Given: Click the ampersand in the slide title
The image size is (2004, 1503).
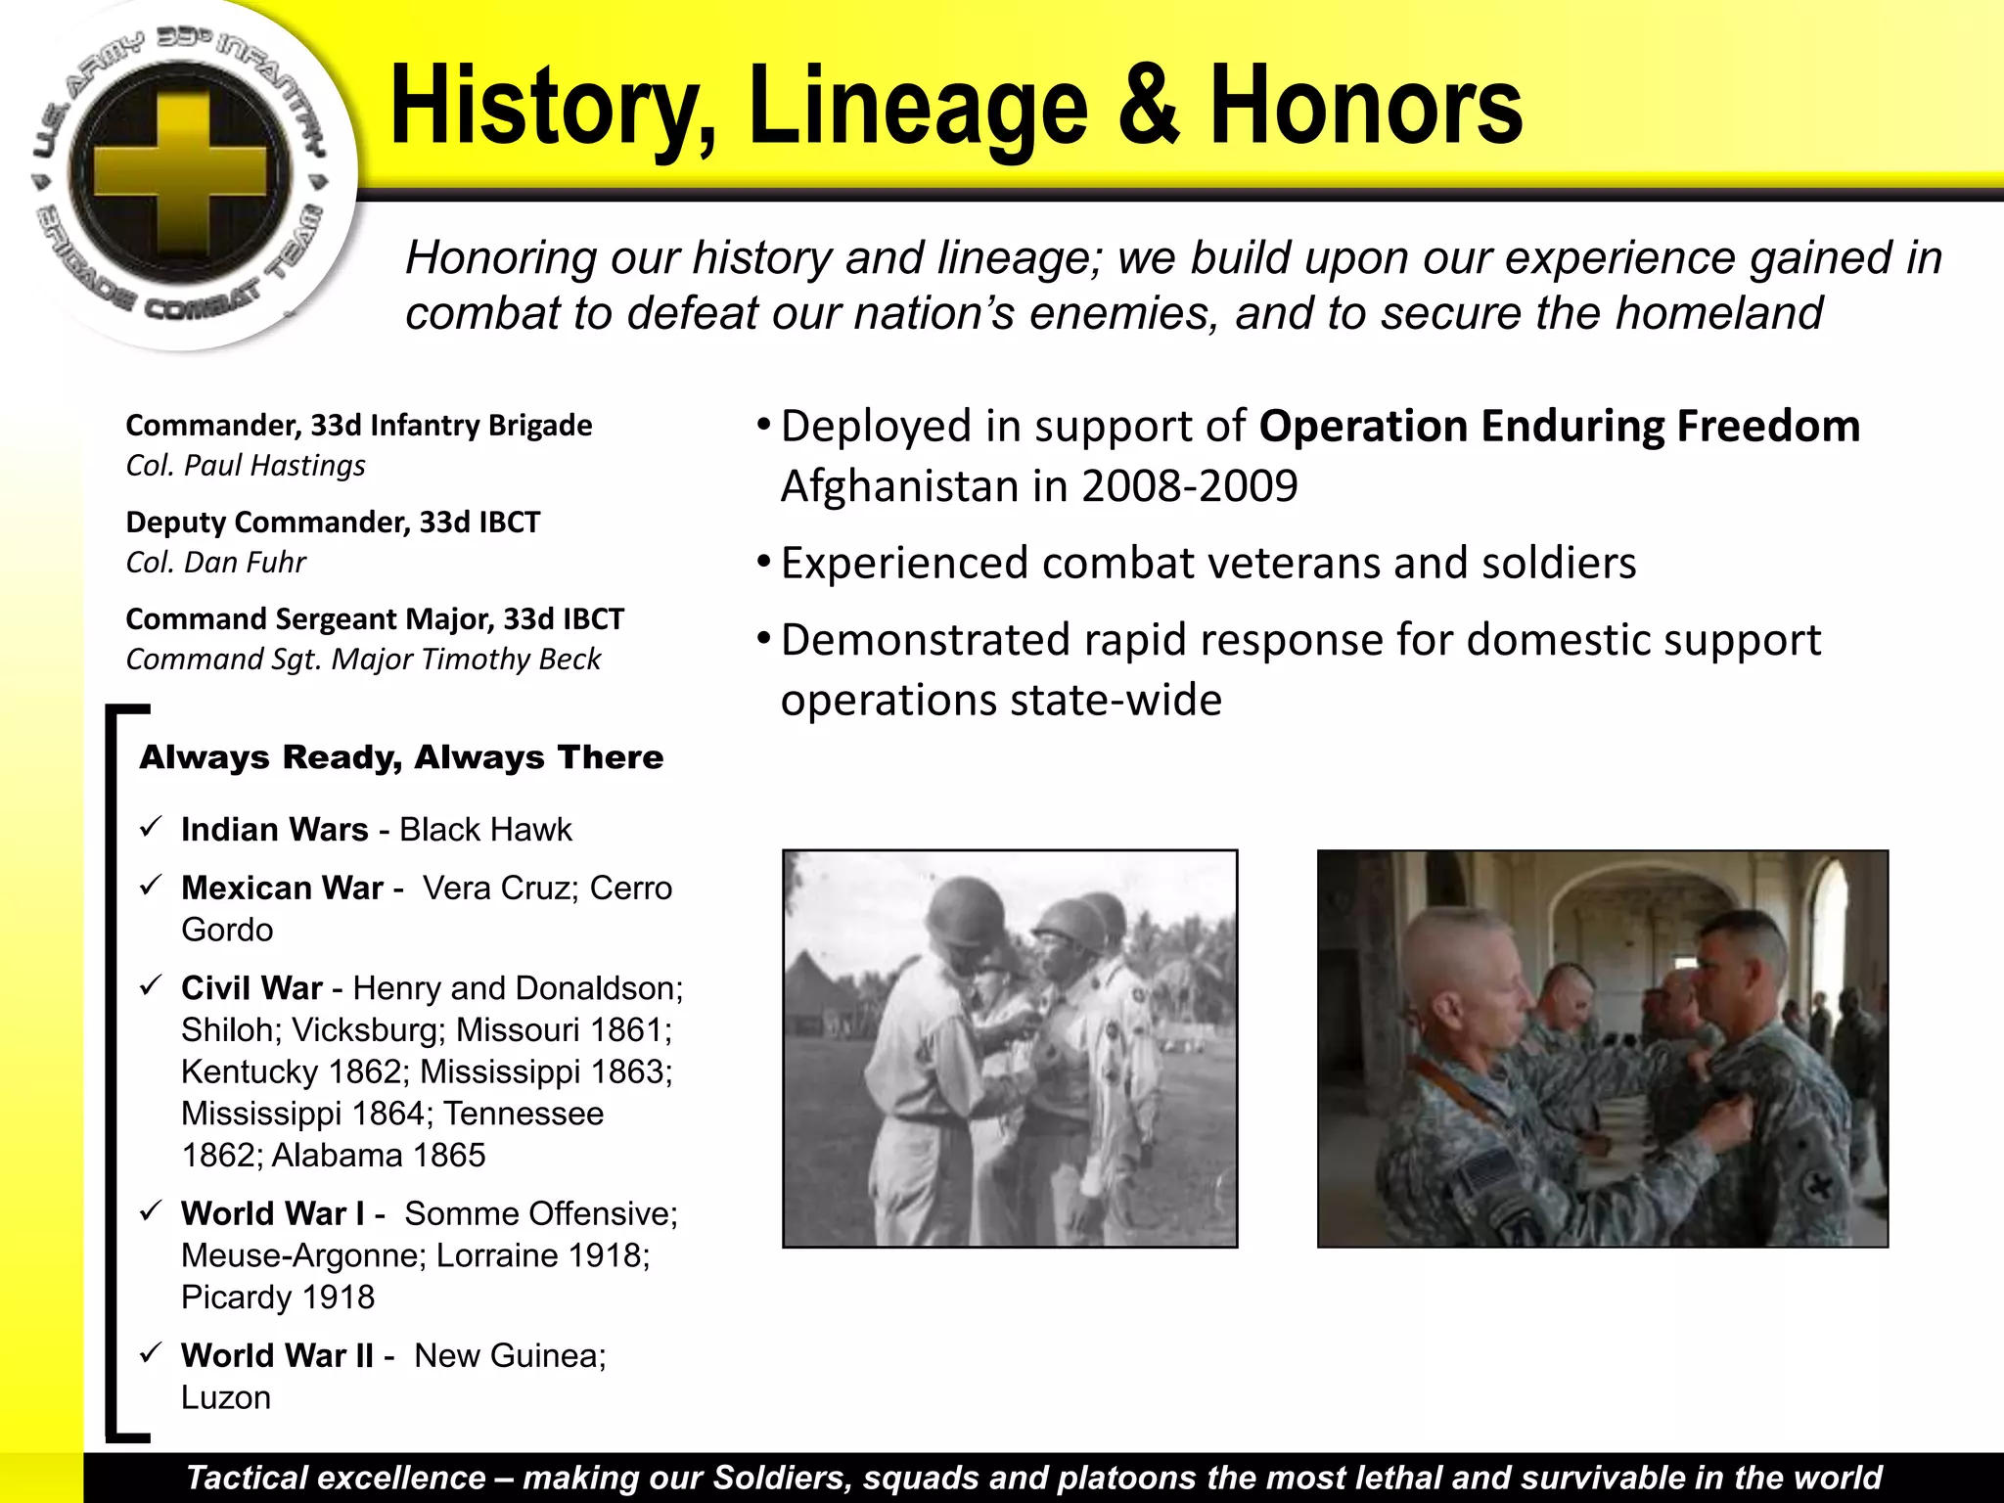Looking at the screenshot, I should [1149, 106].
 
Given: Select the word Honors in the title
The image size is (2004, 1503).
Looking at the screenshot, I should [1366, 106].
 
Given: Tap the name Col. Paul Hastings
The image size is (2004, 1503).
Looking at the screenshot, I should [246, 466].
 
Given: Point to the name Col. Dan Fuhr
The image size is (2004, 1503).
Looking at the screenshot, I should [215, 563].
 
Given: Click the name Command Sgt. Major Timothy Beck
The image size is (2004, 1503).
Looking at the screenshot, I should [363, 660].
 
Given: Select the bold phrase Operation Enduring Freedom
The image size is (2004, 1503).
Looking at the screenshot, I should [1559, 427].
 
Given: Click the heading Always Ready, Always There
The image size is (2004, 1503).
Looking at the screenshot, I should [401, 757].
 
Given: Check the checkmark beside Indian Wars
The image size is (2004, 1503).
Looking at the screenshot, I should [150, 828].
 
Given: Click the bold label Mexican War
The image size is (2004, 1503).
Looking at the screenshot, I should [282, 888].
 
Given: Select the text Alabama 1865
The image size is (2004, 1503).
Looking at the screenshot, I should [378, 1156].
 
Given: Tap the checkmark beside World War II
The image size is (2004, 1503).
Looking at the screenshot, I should [150, 1354].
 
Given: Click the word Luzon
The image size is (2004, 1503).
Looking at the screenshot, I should [226, 1398].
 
